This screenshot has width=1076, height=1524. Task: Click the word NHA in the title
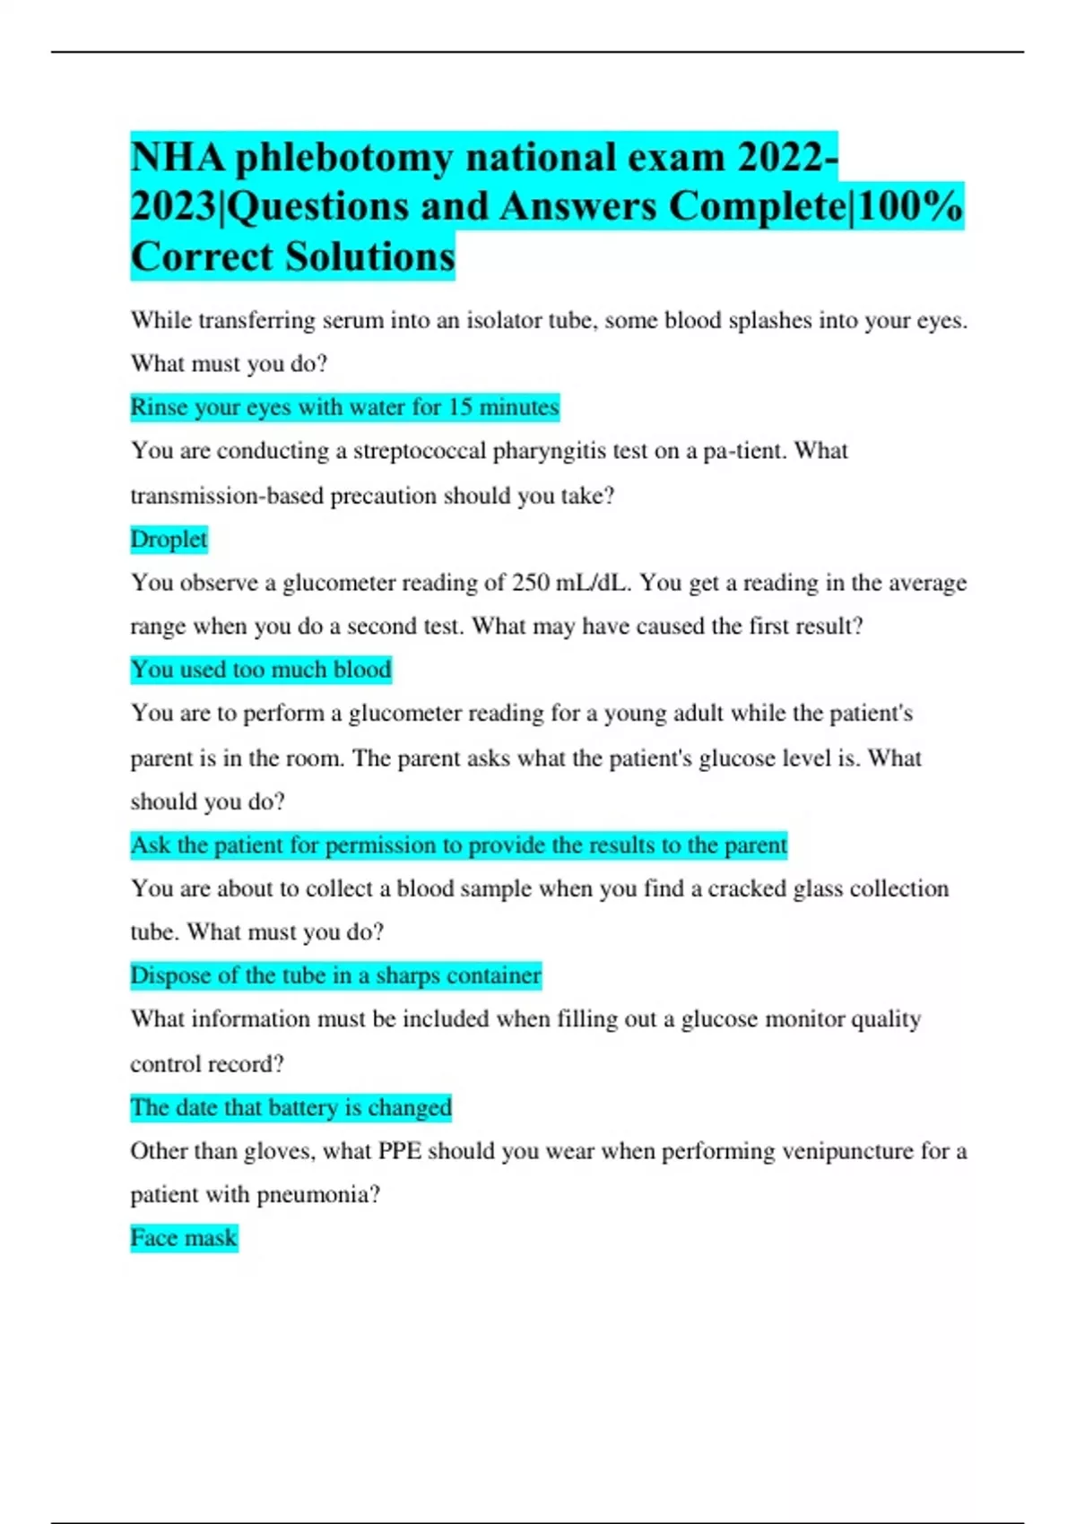[x=177, y=158]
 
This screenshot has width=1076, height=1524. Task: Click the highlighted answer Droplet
[x=169, y=539]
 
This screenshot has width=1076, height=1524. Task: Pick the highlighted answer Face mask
[x=184, y=1237]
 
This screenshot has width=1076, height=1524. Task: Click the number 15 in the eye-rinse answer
[x=460, y=407]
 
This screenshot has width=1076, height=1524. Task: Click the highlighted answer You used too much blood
[x=261, y=669]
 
